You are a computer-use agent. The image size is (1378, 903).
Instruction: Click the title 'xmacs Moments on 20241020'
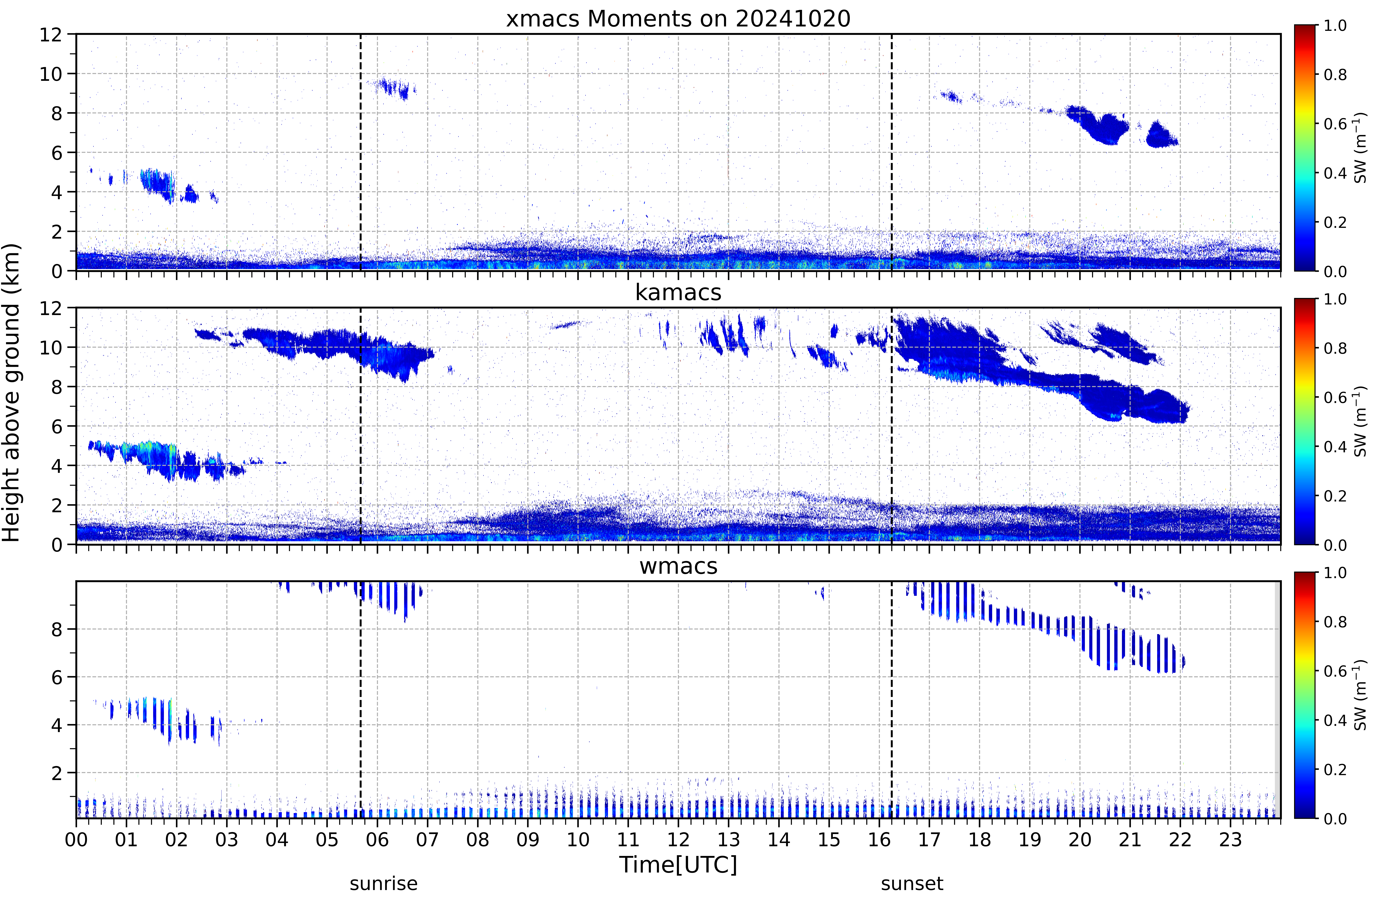(678, 19)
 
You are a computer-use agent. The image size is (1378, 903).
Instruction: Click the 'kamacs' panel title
(678, 292)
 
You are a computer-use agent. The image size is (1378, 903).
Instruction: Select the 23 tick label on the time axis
(1230, 839)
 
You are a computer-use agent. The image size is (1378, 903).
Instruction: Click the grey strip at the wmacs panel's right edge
(1277, 699)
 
